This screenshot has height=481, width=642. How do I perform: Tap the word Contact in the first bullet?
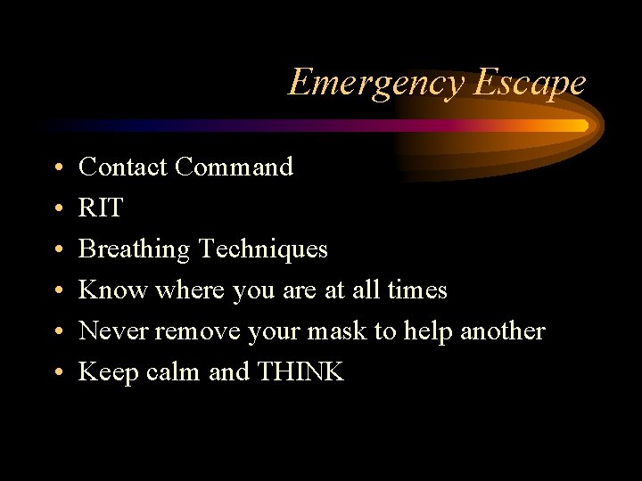point(124,167)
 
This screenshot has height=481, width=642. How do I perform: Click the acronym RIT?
point(101,208)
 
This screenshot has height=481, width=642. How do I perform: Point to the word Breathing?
point(135,249)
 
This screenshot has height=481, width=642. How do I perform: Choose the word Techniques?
point(263,249)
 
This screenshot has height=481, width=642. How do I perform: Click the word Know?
point(113,289)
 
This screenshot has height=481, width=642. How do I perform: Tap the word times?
point(416,289)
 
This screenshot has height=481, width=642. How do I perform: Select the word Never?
point(113,330)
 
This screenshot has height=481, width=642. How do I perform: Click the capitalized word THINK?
point(300,371)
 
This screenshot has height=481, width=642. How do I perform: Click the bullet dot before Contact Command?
point(56,168)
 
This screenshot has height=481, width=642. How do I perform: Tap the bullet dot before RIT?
point(56,209)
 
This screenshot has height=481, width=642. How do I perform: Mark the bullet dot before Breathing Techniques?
point(56,250)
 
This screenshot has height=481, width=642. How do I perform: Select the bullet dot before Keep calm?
point(56,373)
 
